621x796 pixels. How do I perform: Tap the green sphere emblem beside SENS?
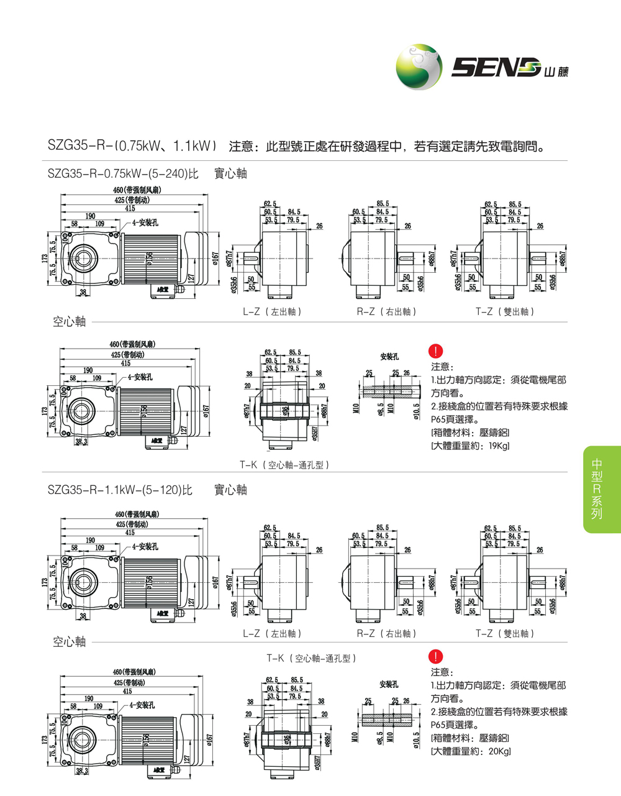point(419,67)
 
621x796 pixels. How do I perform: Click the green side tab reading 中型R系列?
point(597,489)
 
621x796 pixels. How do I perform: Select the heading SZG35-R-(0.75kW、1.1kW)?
point(132,147)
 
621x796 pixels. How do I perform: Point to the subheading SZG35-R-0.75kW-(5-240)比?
point(122,173)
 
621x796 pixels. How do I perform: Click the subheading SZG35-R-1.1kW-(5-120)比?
point(120,490)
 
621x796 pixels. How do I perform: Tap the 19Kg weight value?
point(499,446)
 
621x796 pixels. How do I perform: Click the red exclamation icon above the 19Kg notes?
point(437,351)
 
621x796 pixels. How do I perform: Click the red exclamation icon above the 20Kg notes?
point(437,657)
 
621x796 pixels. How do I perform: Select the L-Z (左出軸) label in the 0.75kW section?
point(272,312)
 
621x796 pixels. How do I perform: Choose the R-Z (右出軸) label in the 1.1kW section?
point(386,634)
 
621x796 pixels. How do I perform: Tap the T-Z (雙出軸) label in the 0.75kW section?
point(505,312)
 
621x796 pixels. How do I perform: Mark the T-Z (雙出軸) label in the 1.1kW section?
point(505,634)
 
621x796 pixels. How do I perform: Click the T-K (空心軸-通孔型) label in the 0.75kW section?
point(284,465)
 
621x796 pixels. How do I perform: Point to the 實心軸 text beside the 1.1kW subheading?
point(230,490)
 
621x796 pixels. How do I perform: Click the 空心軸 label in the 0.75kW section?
point(69,322)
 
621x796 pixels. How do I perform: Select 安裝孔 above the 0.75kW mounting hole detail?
point(389,357)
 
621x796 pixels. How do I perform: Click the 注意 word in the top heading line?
point(241,147)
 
